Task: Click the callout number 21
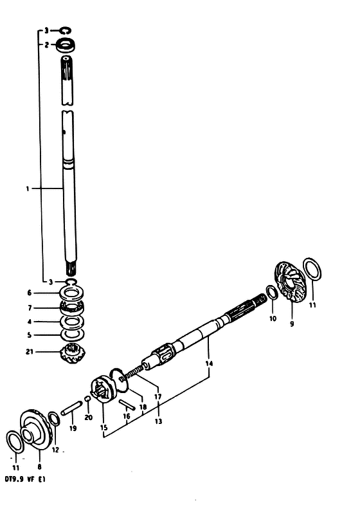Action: pos(30,352)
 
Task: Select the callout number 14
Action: pos(209,363)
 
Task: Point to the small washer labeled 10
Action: pos(272,292)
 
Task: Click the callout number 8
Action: pos(39,466)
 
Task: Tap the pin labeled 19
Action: pos(71,409)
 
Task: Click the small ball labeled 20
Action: pos(87,399)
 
